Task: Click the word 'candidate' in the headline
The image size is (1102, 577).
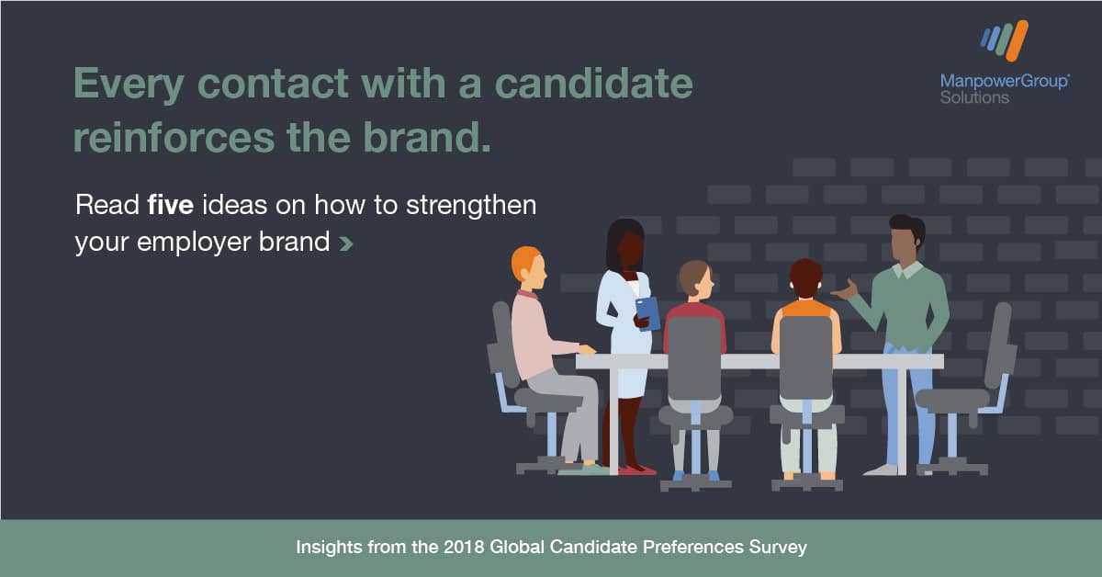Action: click(594, 84)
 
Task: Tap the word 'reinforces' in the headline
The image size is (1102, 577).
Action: click(174, 137)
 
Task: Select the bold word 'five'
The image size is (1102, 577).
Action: click(170, 205)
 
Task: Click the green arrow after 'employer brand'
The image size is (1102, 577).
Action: click(346, 243)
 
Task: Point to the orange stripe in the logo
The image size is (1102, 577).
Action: click(1017, 40)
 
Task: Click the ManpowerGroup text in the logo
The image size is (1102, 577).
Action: click(1004, 81)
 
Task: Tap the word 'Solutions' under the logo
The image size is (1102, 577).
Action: click(974, 97)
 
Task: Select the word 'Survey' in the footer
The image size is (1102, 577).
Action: click(778, 548)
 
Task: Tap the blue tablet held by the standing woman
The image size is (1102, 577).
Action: click(648, 313)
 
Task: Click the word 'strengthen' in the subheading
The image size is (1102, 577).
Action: click(471, 206)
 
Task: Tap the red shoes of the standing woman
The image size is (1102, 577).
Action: click(637, 470)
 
